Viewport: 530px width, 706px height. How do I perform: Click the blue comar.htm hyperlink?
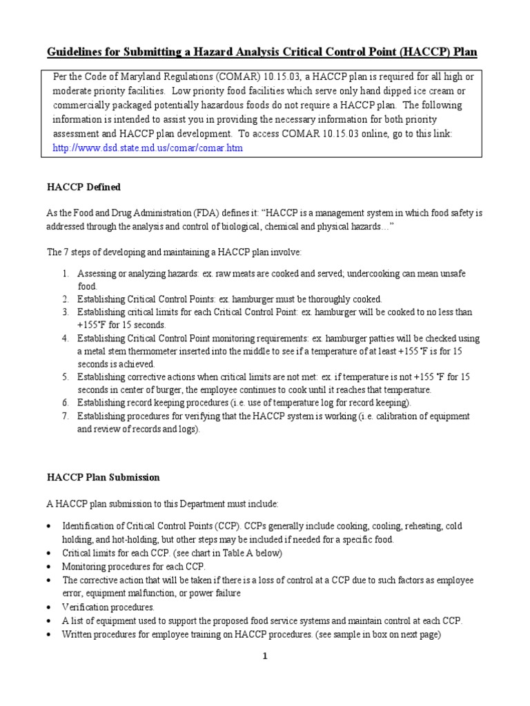click(148, 148)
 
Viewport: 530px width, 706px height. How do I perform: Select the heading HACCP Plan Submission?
click(103, 477)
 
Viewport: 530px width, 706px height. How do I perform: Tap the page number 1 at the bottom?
click(264, 656)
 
